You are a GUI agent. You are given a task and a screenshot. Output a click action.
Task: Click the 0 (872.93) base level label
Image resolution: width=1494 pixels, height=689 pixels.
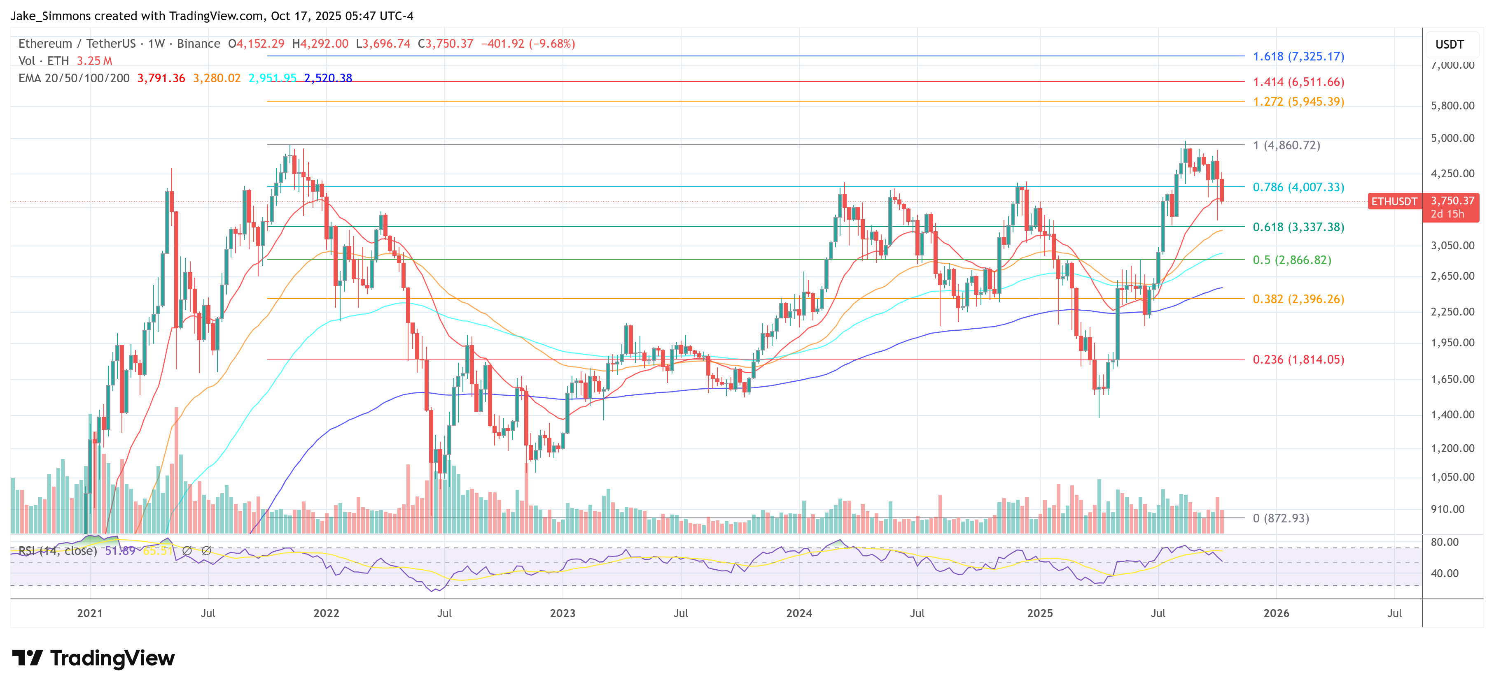click(1281, 518)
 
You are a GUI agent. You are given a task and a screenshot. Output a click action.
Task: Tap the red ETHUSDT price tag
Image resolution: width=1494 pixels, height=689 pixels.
click(1394, 202)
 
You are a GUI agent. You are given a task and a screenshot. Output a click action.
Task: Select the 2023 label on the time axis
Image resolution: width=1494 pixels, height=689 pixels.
click(562, 613)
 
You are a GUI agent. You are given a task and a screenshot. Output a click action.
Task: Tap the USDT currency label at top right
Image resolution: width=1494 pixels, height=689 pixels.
click(1450, 44)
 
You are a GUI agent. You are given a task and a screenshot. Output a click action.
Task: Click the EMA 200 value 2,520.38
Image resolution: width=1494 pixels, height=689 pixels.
click(328, 78)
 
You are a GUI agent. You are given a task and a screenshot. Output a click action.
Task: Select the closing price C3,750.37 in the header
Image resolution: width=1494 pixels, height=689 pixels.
click(446, 44)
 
